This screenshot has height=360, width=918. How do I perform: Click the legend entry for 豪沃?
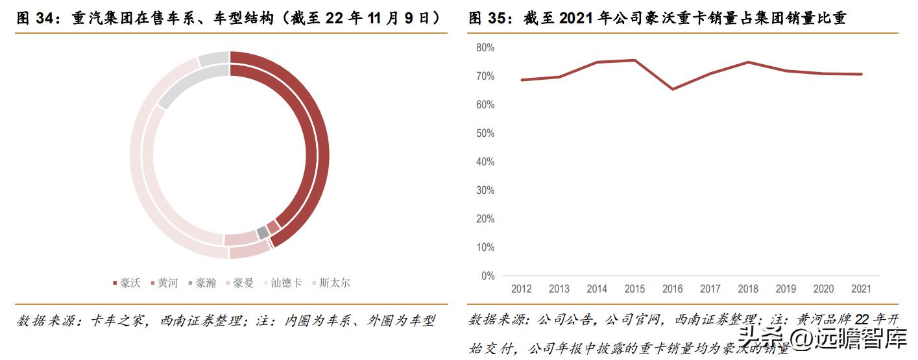[x=127, y=283]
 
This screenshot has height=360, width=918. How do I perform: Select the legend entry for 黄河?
[x=163, y=283]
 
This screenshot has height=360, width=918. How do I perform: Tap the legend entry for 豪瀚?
[x=201, y=283]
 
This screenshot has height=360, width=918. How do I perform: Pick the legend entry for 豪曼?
[x=239, y=283]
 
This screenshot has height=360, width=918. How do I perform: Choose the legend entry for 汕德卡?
[x=282, y=283]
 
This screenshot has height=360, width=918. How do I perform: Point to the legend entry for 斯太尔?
[x=331, y=283]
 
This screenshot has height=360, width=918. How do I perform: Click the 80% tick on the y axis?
[x=485, y=47]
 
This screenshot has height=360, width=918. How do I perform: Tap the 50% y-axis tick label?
[x=485, y=133]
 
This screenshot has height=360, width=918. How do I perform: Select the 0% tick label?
[x=488, y=276]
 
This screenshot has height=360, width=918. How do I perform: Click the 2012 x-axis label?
[x=522, y=289]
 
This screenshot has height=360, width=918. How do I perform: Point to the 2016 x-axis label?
[x=672, y=289]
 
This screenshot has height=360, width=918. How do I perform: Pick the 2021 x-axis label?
[x=861, y=289]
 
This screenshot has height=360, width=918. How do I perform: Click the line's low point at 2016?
[x=672, y=89]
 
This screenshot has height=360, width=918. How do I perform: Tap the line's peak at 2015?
[x=634, y=60]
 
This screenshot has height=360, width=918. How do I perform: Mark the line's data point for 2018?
[x=748, y=62]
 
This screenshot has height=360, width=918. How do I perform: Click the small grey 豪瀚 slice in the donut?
[x=262, y=232]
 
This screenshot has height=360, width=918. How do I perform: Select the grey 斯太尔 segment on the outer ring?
[x=213, y=58]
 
